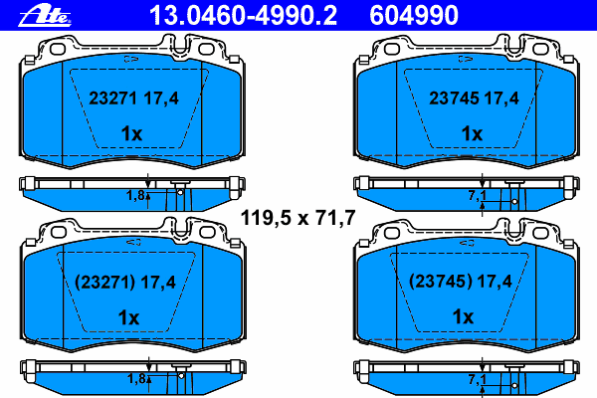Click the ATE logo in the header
pyautogui.click(x=45, y=16)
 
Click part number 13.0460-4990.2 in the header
pyautogui.click(x=243, y=16)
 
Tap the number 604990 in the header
pyautogui.click(x=414, y=16)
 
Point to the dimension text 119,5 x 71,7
pyautogui.click(x=298, y=218)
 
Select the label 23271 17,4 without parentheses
pyautogui.click(x=133, y=99)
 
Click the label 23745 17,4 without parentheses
pyautogui.click(x=474, y=99)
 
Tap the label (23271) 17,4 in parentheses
pyautogui.click(x=125, y=283)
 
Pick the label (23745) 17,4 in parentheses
pyautogui.click(x=461, y=282)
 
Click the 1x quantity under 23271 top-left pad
pyautogui.click(x=131, y=133)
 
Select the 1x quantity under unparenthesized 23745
pyautogui.click(x=472, y=133)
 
